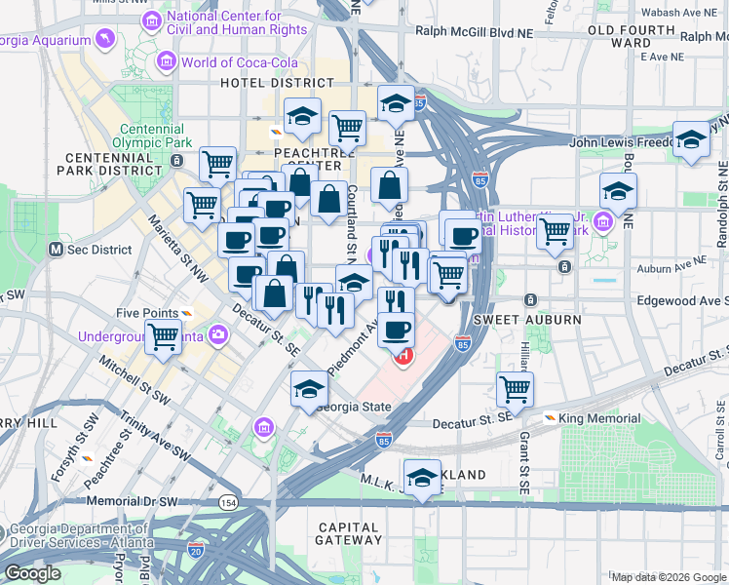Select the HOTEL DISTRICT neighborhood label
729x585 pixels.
pos(263,84)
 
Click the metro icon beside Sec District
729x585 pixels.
pos(58,250)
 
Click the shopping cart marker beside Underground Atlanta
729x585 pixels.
pos(164,337)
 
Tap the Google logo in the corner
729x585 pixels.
pos(33,573)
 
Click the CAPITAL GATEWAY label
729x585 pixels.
pos(349,533)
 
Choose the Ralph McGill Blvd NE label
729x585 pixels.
pos(474,30)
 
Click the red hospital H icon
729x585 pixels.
pos(402,358)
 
